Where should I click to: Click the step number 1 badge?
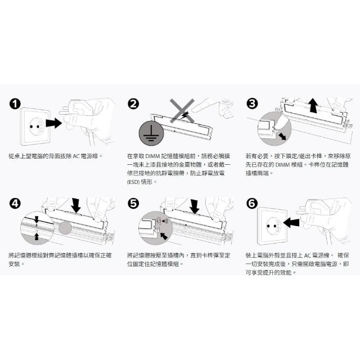point(15,104)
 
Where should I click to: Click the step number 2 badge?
point(133,103)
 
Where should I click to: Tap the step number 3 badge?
point(252,103)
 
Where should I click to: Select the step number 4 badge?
point(15,204)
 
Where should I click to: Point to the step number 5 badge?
point(133,204)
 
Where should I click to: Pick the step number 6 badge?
point(252,204)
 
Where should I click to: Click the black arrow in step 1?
point(54,123)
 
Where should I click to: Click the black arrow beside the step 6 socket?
point(291,223)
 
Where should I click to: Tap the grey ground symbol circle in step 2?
point(151,133)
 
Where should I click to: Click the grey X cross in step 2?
point(182,110)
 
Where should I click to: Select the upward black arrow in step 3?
point(313,105)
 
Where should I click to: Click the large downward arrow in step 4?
point(76,205)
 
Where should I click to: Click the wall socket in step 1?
point(35,127)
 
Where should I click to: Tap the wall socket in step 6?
point(272,226)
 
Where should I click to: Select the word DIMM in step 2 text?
point(152,156)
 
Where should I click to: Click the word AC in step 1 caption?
point(76,156)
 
